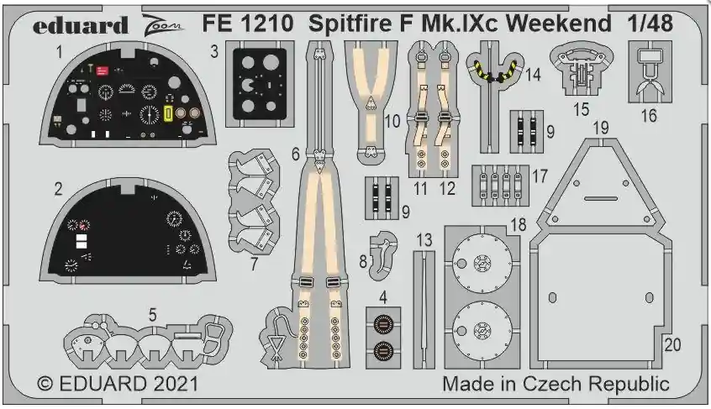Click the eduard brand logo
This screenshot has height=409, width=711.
(x=80, y=26)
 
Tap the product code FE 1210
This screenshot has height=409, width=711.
(x=248, y=24)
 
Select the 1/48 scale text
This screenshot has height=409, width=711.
(x=650, y=24)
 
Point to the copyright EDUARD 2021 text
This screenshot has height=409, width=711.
(x=118, y=384)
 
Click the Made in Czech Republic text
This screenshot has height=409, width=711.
(x=556, y=384)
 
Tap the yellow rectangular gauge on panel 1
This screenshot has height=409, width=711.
(x=168, y=114)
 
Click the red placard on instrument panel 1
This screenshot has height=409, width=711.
(x=103, y=71)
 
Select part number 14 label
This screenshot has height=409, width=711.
(x=533, y=74)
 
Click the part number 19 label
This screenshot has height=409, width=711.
(x=600, y=128)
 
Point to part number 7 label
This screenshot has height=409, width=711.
(x=254, y=264)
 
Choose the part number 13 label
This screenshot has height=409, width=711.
(x=424, y=240)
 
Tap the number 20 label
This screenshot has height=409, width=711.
(x=672, y=345)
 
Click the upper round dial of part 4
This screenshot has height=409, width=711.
(x=383, y=324)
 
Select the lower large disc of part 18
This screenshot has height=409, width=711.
(x=482, y=330)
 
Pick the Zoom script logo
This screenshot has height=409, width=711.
(x=163, y=26)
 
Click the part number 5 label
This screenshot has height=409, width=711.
(x=152, y=314)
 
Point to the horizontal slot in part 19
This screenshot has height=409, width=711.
(x=600, y=198)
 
